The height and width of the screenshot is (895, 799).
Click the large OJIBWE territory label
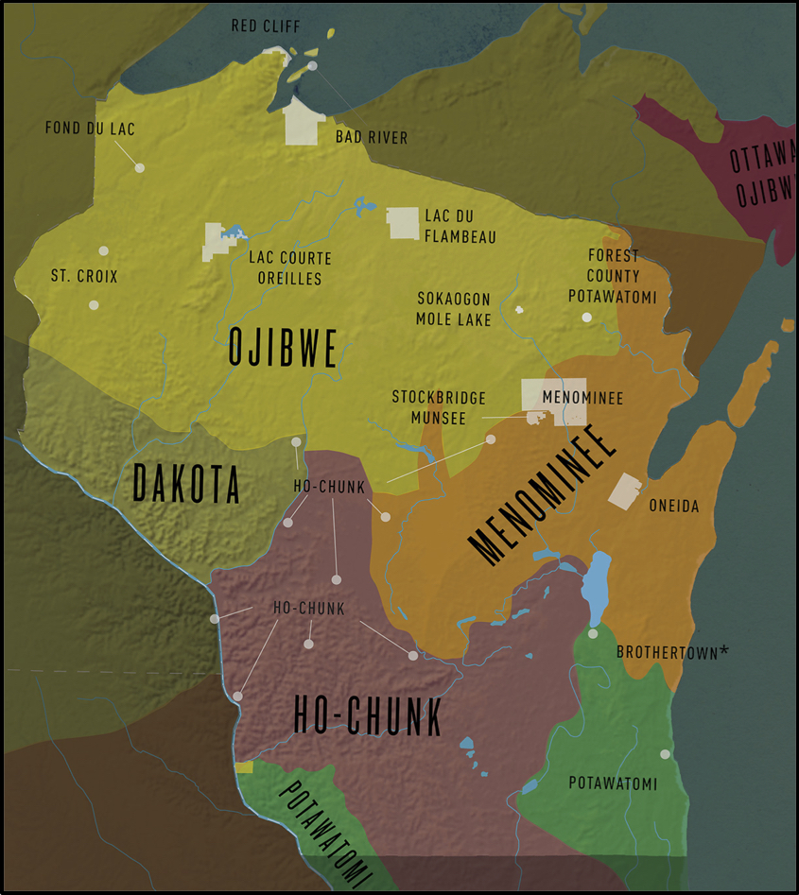click(x=283, y=349)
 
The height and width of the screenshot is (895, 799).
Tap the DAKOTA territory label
click(x=185, y=484)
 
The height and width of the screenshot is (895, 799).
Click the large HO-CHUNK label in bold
click(x=367, y=715)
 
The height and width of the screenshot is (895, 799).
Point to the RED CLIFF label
click(x=268, y=26)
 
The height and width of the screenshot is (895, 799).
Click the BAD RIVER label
click(x=372, y=138)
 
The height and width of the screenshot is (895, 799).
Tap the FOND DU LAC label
click(x=90, y=129)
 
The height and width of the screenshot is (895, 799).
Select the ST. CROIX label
click(x=83, y=277)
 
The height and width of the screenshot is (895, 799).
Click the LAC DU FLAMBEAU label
click(x=460, y=227)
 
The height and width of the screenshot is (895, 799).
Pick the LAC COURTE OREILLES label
click(x=290, y=268)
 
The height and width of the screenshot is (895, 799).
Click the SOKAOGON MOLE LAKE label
click(x=454, y=309)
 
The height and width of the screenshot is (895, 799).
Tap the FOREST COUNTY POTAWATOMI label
click(x=613, y=276)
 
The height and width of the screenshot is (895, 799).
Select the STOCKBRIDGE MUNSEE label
click(x=439, y=407)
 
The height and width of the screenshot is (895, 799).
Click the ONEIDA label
click(x=674, y=507)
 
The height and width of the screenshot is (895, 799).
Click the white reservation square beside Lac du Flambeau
click(x=404, y=223)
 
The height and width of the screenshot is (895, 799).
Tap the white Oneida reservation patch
click(x=625, y=490)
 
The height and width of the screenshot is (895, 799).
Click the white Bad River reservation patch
click(x=304, y=123)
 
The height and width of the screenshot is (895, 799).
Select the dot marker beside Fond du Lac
click(x=139, y=167)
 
